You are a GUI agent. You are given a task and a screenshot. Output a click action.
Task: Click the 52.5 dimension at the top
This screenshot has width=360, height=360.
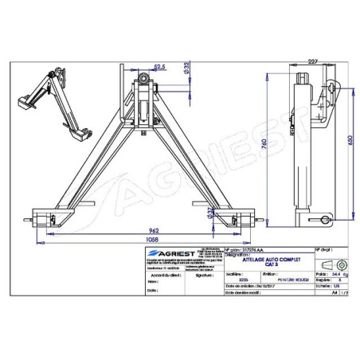click(159, 68)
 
